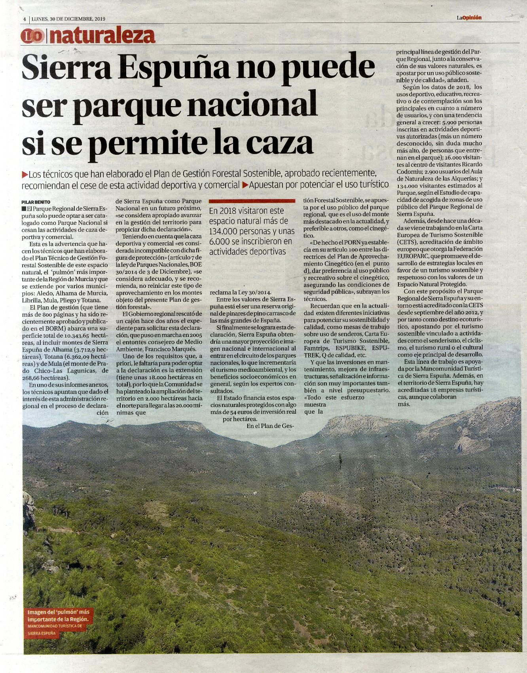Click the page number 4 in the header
pyautogui.click(x=25, y=19)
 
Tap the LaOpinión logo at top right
pyautogui.click(x=469, y=17)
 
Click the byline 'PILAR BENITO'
pyautogui.click(x=36, y=202)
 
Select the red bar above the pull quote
pyautogui.click(x=252, y=201)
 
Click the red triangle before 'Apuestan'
pyautogui.click(x=245, y=184)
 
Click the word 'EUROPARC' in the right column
pyautogui.click(x=412, y=256)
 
